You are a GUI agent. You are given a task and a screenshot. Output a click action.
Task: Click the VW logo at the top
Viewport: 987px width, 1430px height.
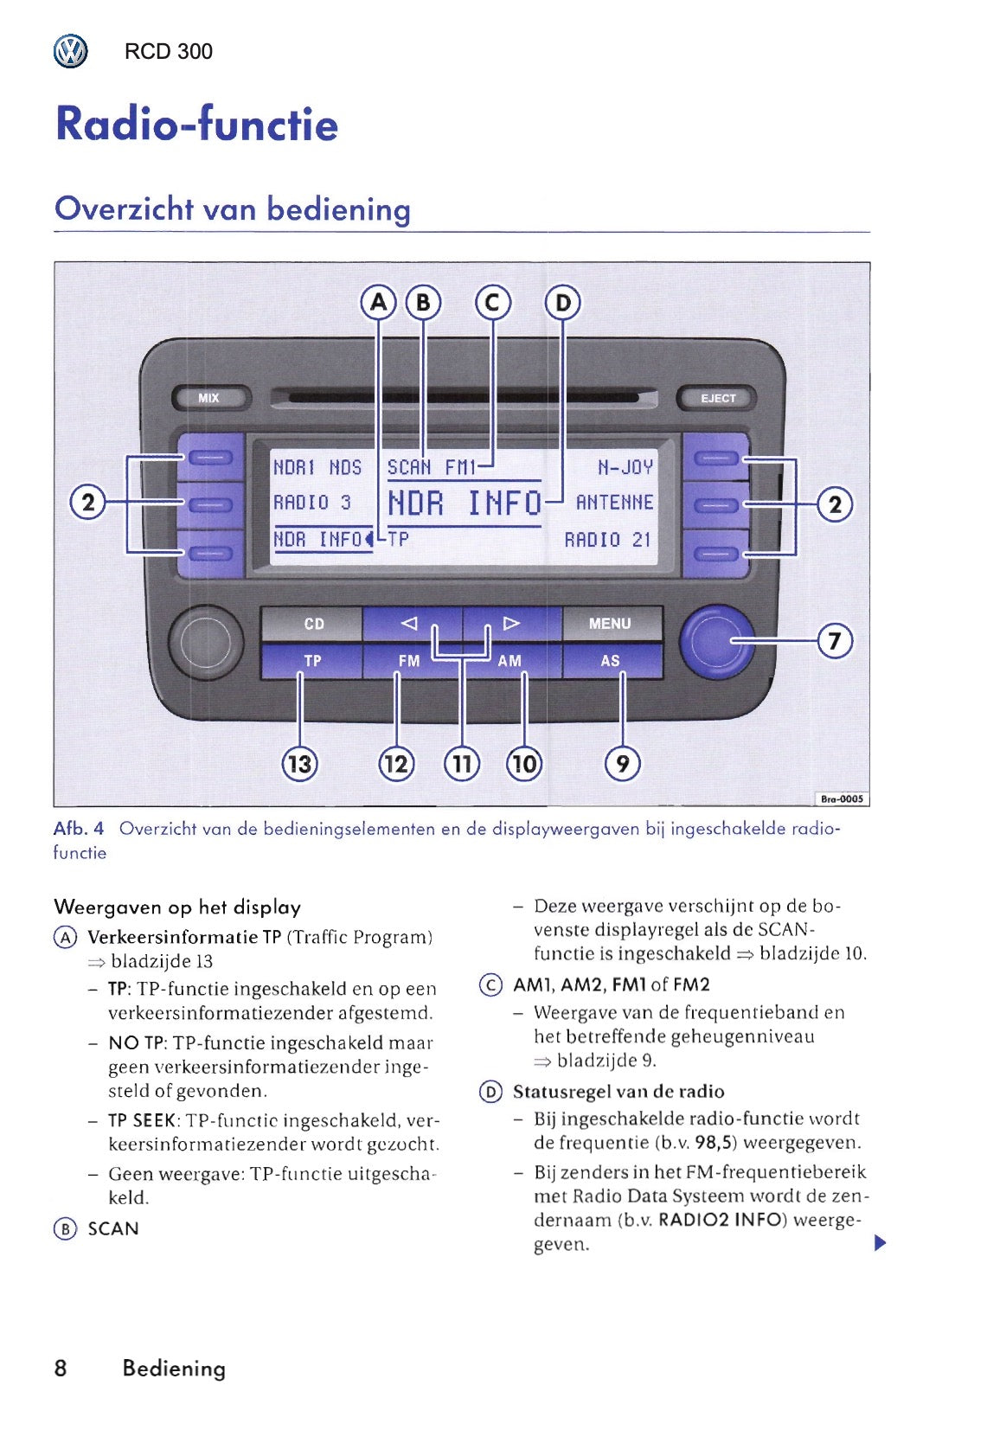coord(70,52)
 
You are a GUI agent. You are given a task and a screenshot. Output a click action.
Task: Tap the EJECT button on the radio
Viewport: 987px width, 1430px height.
coord(717,398)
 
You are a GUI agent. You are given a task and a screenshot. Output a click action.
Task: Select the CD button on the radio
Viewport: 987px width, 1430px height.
coord(313,624)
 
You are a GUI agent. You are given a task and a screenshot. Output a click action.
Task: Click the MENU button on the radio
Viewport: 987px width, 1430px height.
coord(611,624)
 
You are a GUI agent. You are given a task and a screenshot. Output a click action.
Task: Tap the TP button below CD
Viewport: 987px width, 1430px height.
coord(312,661)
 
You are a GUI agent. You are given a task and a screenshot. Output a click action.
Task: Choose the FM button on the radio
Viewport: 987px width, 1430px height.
coord(409,661)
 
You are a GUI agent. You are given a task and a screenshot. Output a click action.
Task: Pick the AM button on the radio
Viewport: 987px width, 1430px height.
coord(510,661)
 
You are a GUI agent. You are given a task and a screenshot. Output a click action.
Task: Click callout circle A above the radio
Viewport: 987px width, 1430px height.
coord(378,303)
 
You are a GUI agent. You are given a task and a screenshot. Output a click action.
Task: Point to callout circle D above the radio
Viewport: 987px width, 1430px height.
coord(563,303)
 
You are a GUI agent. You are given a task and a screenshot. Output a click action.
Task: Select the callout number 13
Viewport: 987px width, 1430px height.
coord(299,764)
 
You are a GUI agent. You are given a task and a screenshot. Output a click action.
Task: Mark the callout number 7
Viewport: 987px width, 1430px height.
coord(835,641)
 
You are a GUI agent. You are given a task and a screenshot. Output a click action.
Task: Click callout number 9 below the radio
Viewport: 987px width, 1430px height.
coord(623,764)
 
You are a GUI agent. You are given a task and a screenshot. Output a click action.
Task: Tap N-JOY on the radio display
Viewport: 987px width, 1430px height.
coord(625,468)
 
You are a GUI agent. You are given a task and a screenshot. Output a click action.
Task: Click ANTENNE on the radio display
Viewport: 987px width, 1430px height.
coord(615,503)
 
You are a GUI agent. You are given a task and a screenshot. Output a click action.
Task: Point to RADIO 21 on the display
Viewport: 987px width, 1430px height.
coord(607,541)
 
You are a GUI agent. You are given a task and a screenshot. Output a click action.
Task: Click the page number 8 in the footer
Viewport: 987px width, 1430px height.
coord(61,1368)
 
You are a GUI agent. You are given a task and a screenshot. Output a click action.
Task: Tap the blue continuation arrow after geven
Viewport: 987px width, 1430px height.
coord(881,1243)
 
